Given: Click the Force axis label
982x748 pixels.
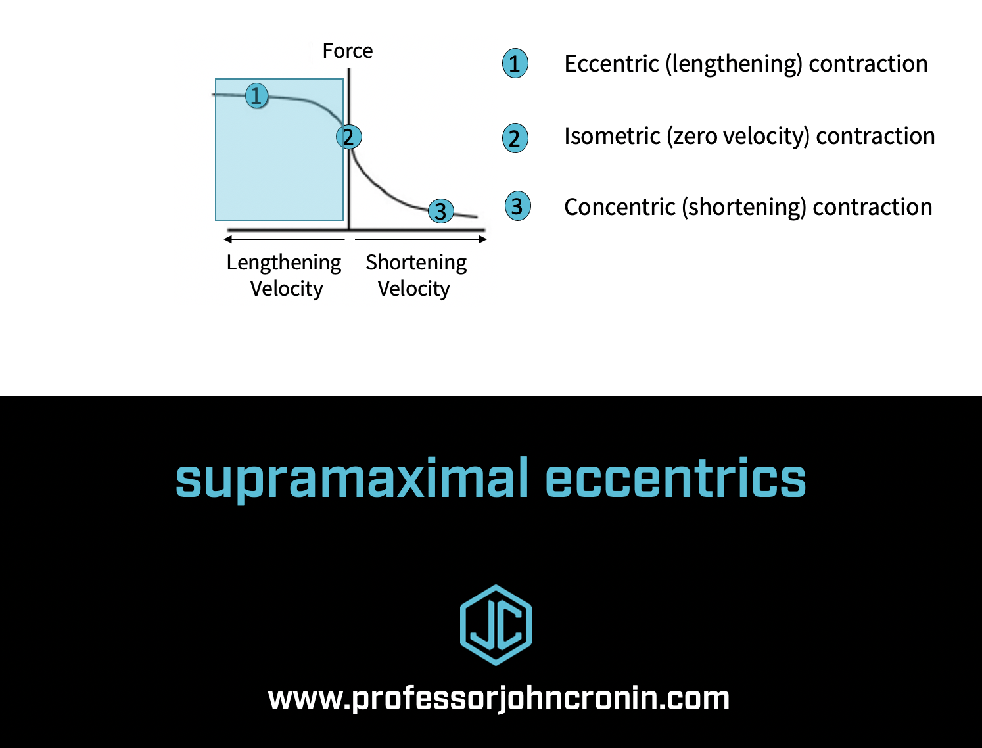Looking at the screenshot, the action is point(347,51).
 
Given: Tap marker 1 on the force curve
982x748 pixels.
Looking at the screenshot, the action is point(256,96).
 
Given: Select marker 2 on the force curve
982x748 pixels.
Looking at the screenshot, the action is point(348,137).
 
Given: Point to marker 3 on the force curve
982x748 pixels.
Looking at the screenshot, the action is point(440,211).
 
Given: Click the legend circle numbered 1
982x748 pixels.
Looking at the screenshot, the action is point(515,64).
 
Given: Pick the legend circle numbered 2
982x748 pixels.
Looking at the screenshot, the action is point(515,138).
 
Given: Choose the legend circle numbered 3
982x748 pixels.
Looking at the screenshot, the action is point(517,206).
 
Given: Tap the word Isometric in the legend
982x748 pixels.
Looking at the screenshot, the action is point(612,136).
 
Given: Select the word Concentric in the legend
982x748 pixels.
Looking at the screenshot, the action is point(619,207).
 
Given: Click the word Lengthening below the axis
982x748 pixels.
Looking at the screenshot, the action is point(284,262).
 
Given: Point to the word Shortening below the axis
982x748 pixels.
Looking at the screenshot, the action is point(416,262).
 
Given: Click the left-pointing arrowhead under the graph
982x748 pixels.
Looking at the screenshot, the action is point(227,239).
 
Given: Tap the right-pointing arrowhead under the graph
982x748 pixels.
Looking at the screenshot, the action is point(483,239).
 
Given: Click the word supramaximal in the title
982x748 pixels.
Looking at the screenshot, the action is point(352,479).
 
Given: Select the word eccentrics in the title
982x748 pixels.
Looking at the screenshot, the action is point(675,479).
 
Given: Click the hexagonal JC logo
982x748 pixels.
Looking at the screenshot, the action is point(496,624).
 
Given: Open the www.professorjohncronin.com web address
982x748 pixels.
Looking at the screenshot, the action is point(498,698).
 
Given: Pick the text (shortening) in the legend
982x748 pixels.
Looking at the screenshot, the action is point(743,207).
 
